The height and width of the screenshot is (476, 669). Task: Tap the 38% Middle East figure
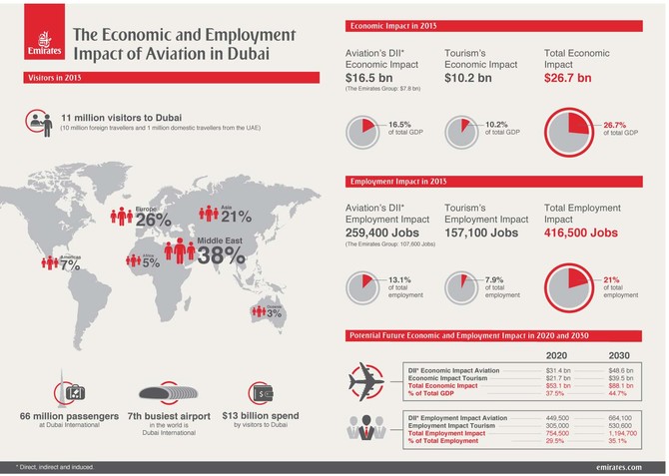221,254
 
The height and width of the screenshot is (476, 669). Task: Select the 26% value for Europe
153,219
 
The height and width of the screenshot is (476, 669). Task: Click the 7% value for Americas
69,265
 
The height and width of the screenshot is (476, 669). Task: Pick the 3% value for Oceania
276,314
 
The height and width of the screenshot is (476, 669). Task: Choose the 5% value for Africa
151,264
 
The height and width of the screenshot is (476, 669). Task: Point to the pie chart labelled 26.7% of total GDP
565,133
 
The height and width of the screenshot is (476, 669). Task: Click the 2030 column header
620,354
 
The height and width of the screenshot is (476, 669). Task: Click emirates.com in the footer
618,467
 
